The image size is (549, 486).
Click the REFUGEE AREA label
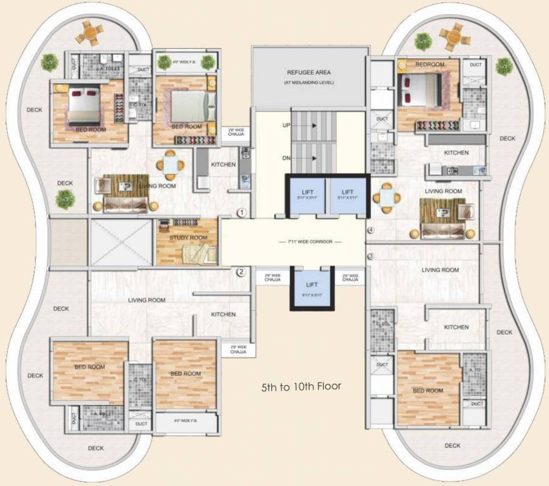point(308,73)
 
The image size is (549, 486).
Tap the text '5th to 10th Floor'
point(301,385)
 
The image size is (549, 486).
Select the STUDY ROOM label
point(188,237)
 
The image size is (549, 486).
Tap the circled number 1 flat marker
point(241,213)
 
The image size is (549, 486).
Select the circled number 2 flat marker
point(241,273)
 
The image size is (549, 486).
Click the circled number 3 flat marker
point(371,256)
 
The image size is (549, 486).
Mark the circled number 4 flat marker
point(371,230)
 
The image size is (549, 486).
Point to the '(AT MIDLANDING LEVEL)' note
point(308,84)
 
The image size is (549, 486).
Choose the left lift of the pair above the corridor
point(306,195)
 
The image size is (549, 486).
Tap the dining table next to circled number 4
point(386,197)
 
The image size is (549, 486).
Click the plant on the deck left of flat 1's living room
point(65,200)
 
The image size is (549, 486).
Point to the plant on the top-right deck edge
point(504,66)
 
